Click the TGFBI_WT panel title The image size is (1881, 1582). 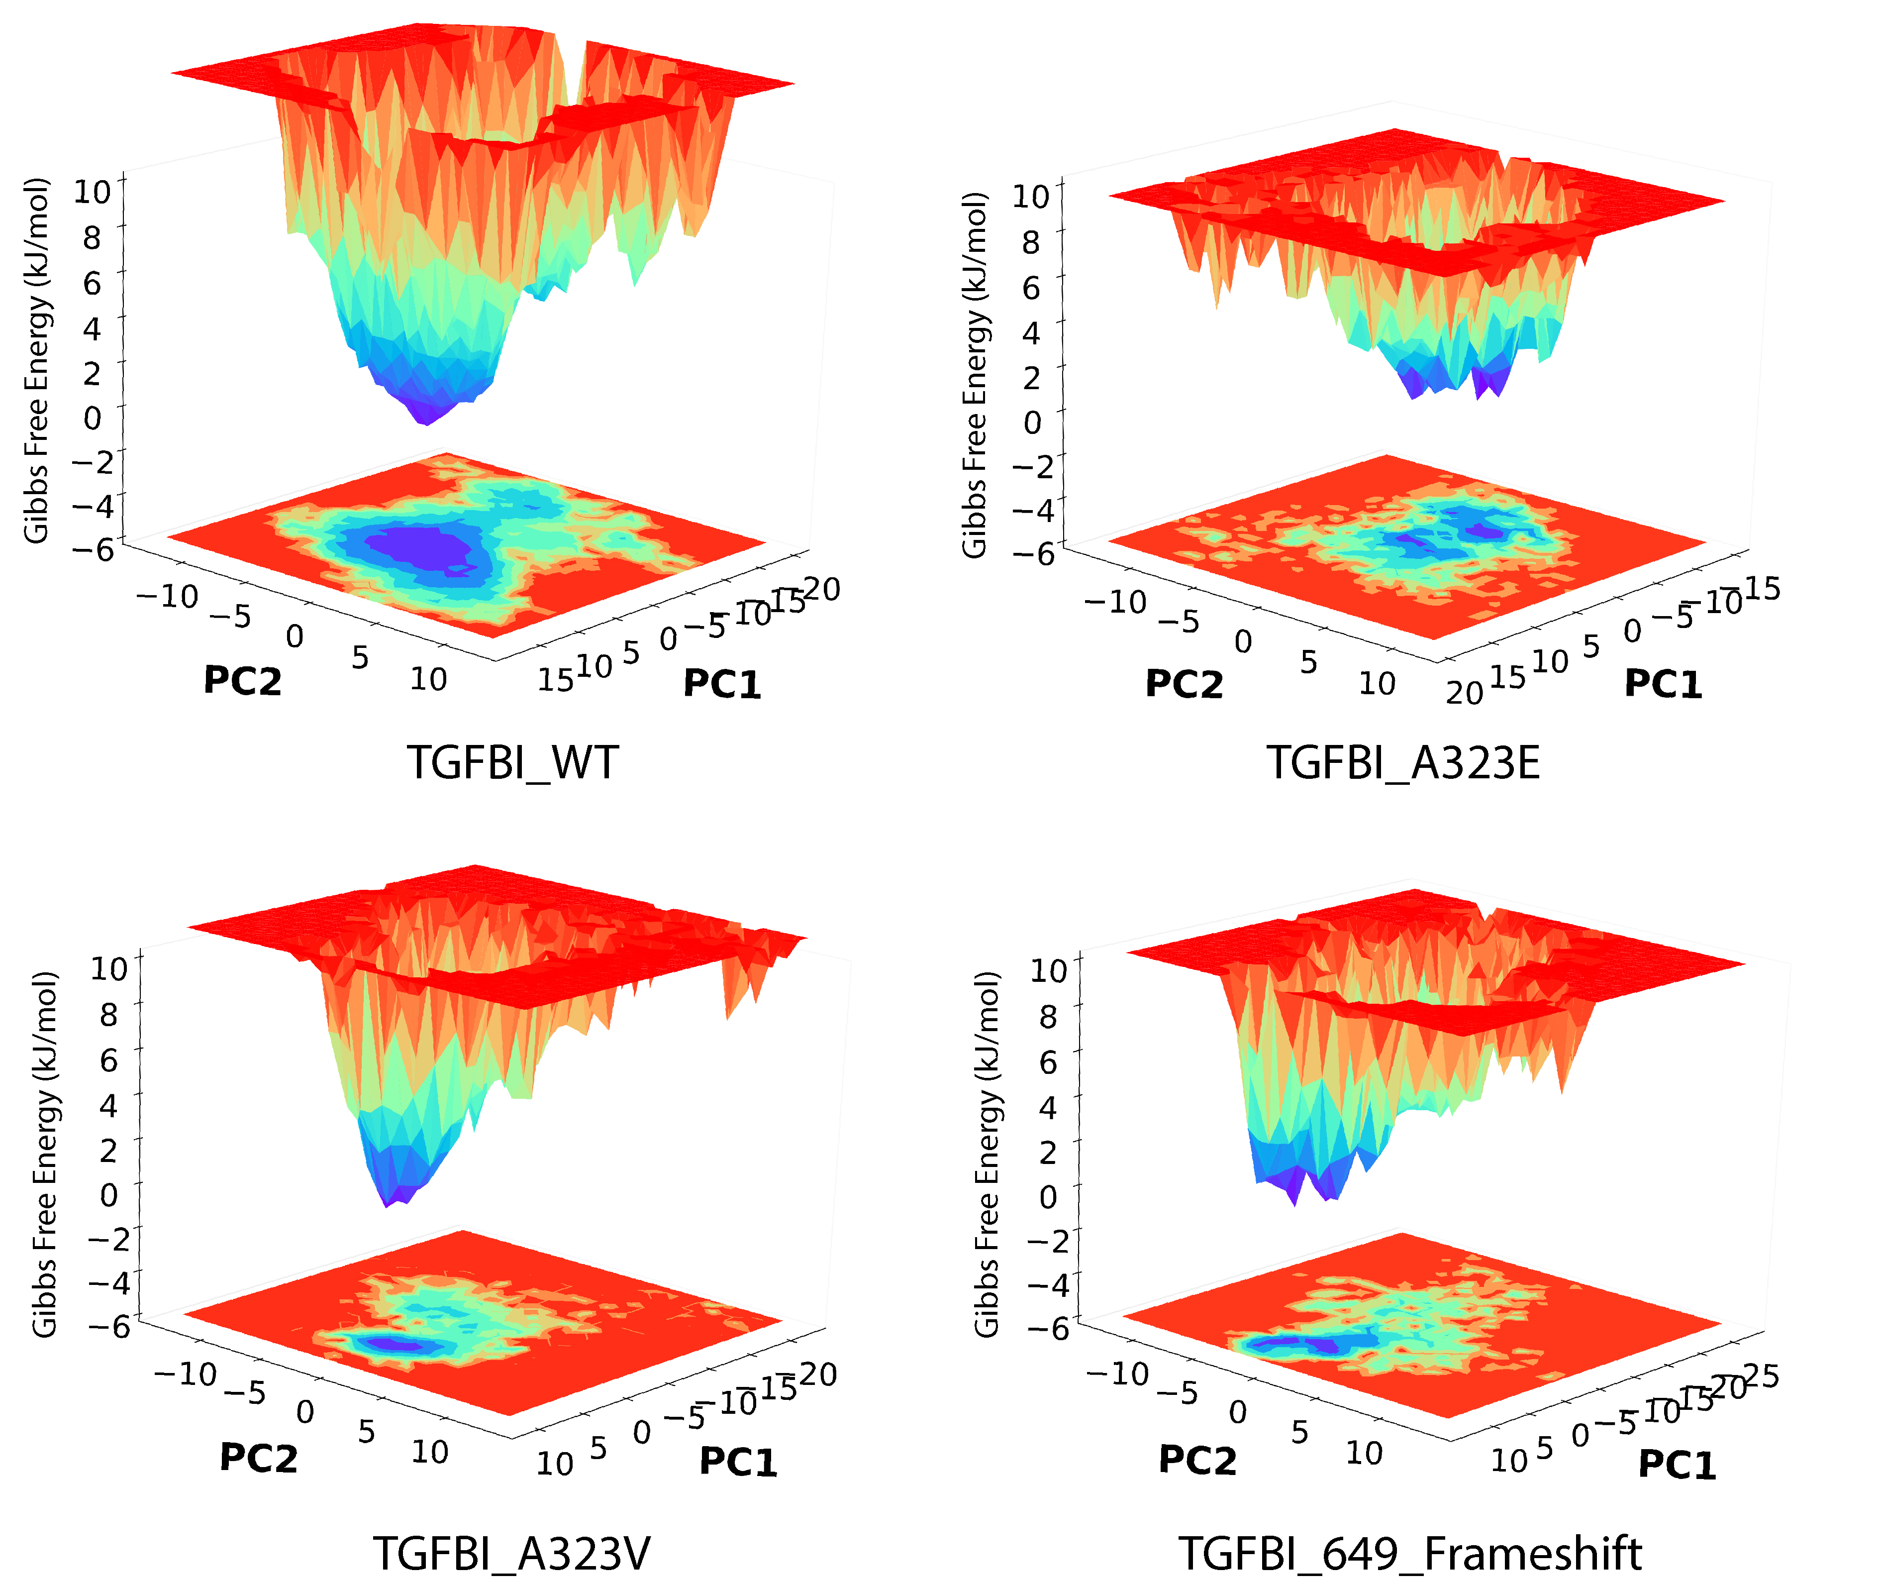(513, 763)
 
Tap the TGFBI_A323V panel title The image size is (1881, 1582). (512, 1553)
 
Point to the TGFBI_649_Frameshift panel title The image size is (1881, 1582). (1409, 1553)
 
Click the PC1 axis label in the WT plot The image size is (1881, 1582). (722, 684)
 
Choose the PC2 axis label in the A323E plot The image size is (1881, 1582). (1184, 684)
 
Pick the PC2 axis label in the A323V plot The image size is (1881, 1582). (258, 1458)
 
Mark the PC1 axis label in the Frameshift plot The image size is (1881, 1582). (1677, 1465)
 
